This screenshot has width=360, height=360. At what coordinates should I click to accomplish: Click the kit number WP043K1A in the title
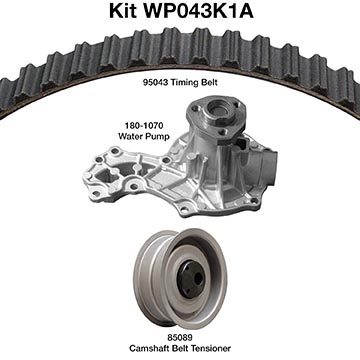click(x=199, y=11)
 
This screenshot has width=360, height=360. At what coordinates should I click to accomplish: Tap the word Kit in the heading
click(x=123, y=11)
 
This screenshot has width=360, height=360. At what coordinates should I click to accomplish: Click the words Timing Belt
click(x=194, y=82)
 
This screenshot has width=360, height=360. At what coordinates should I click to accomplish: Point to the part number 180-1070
click(x=144, y=126)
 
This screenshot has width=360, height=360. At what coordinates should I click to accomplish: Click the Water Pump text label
click(x=144, y=136)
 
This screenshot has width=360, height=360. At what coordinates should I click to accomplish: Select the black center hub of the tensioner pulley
click(x=190, y=279)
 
